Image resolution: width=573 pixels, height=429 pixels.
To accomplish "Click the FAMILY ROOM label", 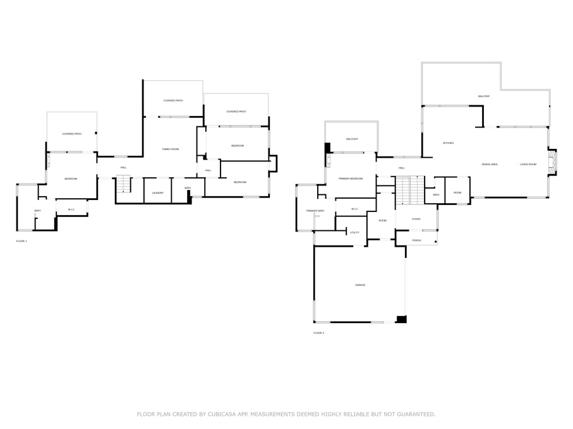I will tap(171, 149).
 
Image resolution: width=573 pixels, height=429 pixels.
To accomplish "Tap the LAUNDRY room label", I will tap(158, 192).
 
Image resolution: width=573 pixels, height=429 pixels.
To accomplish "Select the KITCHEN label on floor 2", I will tap(448, 143).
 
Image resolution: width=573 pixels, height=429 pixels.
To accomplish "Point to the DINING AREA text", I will tap(490, 165).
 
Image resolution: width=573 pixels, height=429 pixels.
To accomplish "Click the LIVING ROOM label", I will tap(528, 165).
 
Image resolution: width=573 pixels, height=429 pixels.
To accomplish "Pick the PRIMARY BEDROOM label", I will tap(351, 179).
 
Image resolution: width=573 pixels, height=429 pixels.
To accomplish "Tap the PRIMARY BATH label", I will tap(315, 211).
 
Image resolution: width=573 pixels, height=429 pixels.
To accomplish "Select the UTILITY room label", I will tap(354, 233).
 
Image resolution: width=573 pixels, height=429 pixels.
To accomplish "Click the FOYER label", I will tap(416, 219).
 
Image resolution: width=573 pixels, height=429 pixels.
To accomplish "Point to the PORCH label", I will tap(416, 240).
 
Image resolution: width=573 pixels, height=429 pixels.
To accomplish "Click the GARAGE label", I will tap(359, 285).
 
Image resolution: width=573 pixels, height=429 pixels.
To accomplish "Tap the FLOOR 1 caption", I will tap(21, 241).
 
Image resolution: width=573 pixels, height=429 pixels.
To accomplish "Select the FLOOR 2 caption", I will tap(318, 332).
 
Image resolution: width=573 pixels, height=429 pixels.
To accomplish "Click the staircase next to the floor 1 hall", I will tap(123, 185).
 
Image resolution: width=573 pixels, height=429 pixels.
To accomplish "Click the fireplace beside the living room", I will tap(553, 161).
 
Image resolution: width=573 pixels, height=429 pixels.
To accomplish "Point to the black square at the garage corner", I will tap(401, 319).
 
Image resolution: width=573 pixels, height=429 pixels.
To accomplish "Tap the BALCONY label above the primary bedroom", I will tap(352, 139).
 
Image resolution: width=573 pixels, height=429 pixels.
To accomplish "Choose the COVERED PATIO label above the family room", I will tap(173, 100).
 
